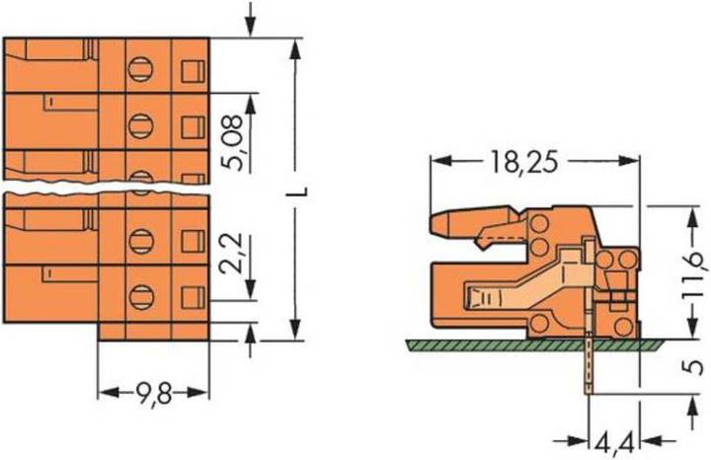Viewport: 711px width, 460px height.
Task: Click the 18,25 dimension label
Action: [x=523, y=162]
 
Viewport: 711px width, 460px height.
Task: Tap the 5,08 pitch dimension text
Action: [x=234, y=142]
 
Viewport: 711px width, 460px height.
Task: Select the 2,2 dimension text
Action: [x=234, y=254]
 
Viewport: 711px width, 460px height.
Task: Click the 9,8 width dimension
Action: [x=154, y=393]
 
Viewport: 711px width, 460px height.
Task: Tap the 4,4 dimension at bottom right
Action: [x=614, y=443]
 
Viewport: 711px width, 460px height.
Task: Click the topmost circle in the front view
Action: [x=140, y=69]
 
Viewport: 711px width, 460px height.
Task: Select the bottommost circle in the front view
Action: [x=140, y=297]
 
